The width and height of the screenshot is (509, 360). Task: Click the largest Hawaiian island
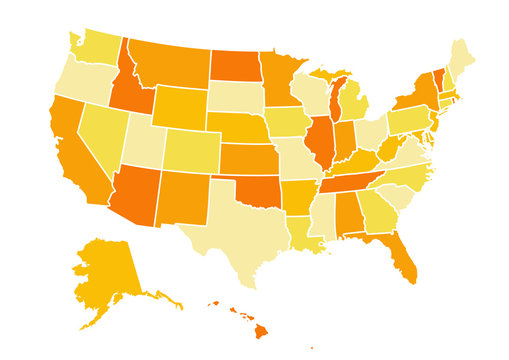260,329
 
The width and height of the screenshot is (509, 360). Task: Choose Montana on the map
170,65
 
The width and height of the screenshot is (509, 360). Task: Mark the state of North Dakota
234,65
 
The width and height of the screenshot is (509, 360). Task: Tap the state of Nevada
99,135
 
